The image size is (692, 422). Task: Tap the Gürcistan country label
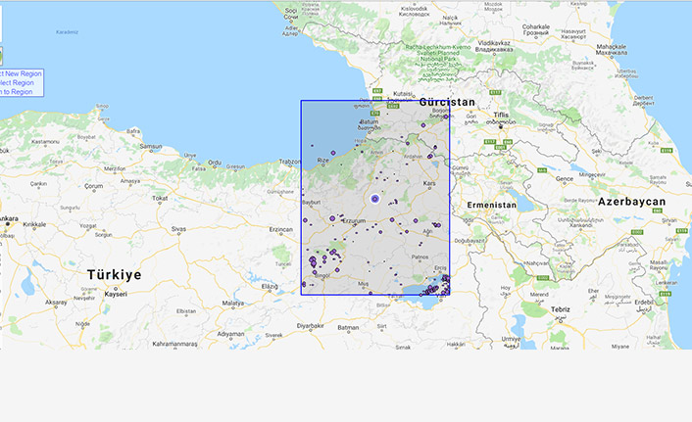(447, 102)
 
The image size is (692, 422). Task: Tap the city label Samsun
(150, 147)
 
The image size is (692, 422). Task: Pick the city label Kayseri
(117, 294)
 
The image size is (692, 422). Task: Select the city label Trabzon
(291, 162)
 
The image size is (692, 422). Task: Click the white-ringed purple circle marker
(374, 199)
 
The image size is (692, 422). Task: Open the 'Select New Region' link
(22, 73)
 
